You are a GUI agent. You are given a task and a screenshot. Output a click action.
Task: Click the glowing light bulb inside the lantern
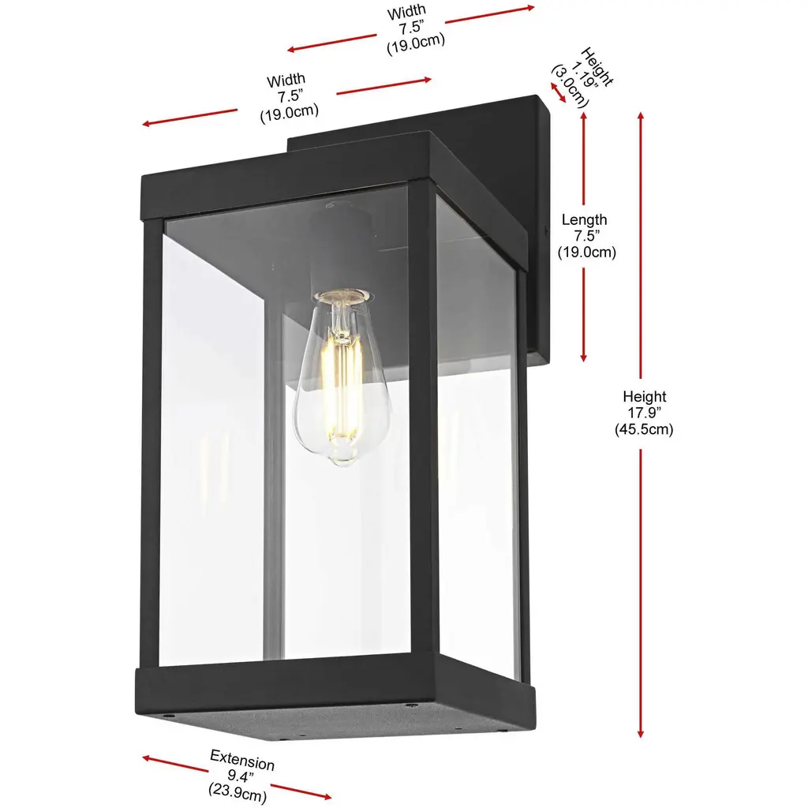[x=341, y=377]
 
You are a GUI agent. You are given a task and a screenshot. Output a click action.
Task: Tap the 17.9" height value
[x=644, y=413]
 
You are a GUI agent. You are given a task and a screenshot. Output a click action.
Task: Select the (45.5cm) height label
[x=644, y=429]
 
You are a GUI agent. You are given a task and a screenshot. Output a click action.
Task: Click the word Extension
[x=242, y=760]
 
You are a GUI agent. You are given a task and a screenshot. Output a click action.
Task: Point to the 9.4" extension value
[x=241, y=776]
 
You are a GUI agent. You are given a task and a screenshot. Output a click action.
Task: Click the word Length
[x=585, y=219]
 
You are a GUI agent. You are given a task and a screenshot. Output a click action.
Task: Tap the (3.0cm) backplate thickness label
[x=570, y=86]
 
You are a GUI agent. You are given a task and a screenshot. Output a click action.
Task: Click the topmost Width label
[x=406, y=12]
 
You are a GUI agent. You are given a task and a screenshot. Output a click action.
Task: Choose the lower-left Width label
[x=286, y=80]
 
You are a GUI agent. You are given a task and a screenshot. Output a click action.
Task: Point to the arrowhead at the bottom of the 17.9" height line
[x=641, y=733]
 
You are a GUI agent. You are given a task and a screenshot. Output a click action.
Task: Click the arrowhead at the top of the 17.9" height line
[x=641, y=117]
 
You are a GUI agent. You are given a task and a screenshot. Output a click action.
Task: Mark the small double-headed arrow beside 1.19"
[x=558, y=93]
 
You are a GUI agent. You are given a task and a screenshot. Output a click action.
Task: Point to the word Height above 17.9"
[x=644, y=396]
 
